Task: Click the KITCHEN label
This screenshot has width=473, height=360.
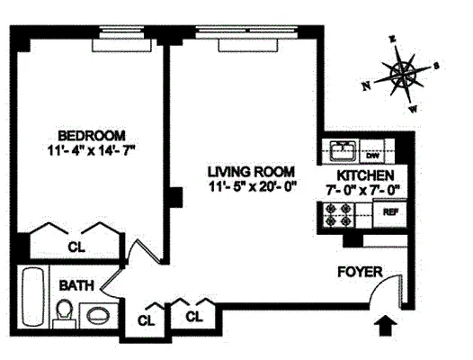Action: (x=365, y=175)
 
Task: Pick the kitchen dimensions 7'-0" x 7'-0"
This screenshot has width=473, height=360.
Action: (x=365, y=189)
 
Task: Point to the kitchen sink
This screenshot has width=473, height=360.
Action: (x=343, y=150)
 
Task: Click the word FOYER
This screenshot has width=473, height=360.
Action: (x=360, y=272)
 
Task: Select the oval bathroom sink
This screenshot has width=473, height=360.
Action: (x=96, y=316)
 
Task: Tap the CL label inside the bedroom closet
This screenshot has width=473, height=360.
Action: (x=77, y=245)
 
